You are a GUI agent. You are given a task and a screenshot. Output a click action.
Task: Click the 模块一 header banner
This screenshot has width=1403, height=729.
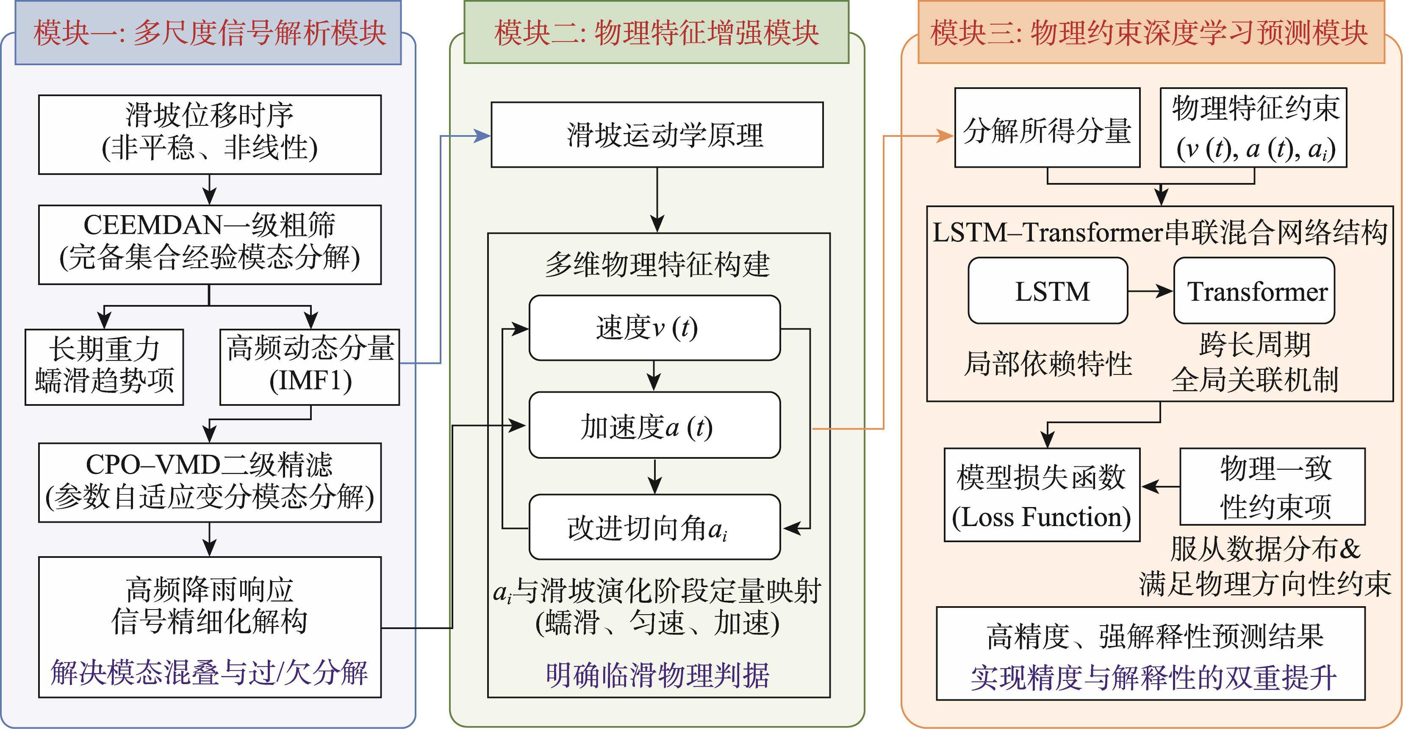point(208,33)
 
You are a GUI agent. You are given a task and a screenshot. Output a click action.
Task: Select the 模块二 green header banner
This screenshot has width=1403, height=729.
point(656,33)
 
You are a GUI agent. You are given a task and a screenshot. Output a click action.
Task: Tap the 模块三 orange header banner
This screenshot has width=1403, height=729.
point(1151,33)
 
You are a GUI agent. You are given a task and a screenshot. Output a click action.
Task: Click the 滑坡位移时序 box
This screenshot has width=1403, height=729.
point(210,134)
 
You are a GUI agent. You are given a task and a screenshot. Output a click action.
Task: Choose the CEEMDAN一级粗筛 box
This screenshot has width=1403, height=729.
point(210,244)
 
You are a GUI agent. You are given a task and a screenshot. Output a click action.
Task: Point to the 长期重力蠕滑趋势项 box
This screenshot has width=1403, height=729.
point(104,366)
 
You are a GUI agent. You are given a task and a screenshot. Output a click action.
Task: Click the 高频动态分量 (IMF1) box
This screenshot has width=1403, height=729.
point(309,366)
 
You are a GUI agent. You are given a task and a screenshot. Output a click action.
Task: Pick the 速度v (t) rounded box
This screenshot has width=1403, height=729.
point(654,328)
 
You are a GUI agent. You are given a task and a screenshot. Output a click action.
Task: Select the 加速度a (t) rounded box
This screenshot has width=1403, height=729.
point(654,425)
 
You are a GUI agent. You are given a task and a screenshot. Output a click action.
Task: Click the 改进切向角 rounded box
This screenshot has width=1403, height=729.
point(654,527)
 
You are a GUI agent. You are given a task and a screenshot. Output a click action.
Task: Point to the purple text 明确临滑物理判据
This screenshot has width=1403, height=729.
point(657,675)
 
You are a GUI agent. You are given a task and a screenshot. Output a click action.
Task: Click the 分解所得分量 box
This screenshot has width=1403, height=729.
point(1047,128)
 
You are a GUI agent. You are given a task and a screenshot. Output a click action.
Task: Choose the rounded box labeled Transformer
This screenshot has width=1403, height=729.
point(1254,291)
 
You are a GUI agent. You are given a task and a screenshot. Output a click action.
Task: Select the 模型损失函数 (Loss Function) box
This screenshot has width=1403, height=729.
point(1041,494)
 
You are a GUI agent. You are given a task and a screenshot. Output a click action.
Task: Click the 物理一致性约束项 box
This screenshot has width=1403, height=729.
point(1272,486)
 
